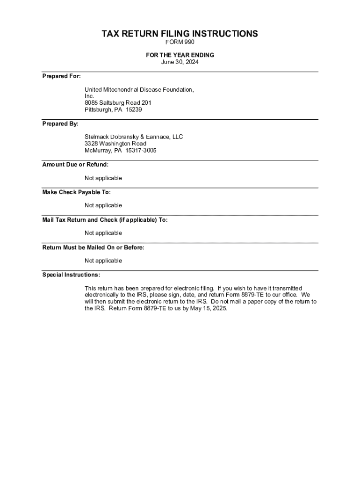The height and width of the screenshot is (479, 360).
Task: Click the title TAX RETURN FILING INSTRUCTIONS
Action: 180,34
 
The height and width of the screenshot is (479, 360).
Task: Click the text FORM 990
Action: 180,43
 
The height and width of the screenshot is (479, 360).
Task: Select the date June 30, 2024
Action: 180,62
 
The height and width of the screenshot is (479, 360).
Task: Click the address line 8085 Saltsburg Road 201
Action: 118,103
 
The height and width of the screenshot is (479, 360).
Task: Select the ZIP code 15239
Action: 134,110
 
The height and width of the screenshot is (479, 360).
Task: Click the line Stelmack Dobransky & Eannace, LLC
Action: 134,137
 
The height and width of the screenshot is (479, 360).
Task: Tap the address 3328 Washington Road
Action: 115,144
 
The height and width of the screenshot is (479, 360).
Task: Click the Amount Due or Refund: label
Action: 75,165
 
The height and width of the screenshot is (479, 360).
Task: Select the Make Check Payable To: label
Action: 77,192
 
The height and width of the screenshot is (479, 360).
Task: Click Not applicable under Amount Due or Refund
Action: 103,178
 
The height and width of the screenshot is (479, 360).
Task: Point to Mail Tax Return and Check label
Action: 105,220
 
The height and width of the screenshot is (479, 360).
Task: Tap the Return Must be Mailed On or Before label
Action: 94,247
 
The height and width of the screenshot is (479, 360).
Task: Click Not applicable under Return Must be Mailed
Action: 103,261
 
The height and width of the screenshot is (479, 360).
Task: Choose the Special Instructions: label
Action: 71,275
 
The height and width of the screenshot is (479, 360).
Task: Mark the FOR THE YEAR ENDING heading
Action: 180,55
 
